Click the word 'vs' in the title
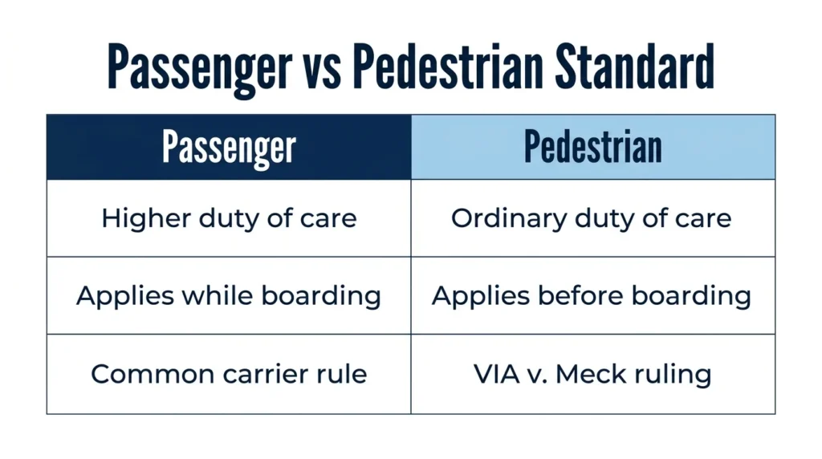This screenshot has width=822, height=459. coord(322,68)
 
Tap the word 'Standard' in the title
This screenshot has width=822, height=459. coord(634,67)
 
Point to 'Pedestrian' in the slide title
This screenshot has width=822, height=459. coord(448,67)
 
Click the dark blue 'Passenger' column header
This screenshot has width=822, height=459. coord(229,147)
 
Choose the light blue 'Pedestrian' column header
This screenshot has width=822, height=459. coord(593,147)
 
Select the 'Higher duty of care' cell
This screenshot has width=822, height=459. coord(229,218)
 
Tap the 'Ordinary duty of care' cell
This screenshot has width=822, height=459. coord(593,218)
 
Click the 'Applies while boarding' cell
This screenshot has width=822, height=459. coord(229,295)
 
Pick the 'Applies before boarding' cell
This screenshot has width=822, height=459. coord(593,295)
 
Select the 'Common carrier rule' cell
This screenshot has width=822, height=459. coord(229,374)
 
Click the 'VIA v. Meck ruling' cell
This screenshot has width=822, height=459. coord(593,374)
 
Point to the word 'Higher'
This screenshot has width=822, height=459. coord(146,219)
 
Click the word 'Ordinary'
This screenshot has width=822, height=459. coord(509,219)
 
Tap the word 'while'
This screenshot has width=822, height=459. coord(218,295)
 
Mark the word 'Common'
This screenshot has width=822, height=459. coord(153,374)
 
